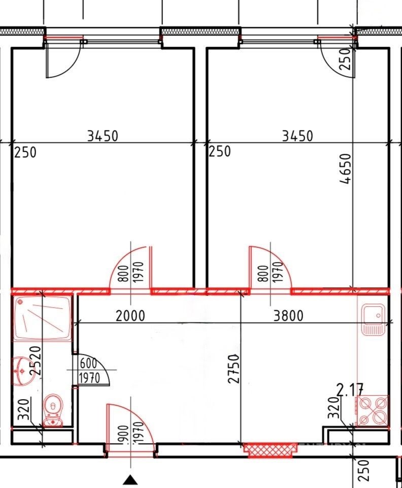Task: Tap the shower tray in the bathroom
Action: [x=42, y=318]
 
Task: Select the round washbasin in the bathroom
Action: [x=23, y=371]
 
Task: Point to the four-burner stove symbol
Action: [x=373, y=410]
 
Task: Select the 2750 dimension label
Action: [x=234, y=368]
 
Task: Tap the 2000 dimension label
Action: [x=130, y=316]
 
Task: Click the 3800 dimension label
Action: [x=288, y=315]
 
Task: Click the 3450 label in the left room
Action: [x=103, y=136]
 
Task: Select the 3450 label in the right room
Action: [x=297, y=136]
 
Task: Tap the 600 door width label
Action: [x=88, y=364]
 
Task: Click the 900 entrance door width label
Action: [x=123, y=434]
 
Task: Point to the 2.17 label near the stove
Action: [x=350, y=391]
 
